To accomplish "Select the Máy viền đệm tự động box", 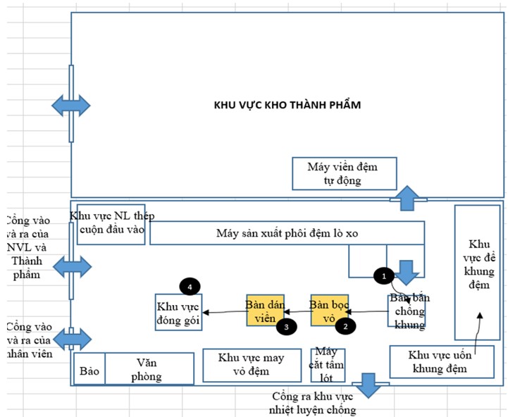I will [x=344, y=173].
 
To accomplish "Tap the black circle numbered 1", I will [x=383, y=275].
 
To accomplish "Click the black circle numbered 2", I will [x=345, y=325].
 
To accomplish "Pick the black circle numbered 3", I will [x=285, y=325].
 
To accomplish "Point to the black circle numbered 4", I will [x=190, y=286].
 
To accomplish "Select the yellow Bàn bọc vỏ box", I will [x=330, y=310].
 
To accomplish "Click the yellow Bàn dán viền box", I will [x=265, y=310].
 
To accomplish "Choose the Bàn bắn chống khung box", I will [x=407, y=311].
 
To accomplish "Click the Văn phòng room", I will [x=149, y=368].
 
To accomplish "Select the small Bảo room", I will [x=89, y=368].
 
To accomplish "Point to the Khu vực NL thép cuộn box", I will [x=111, y=223].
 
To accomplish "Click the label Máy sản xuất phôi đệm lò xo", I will [x=287, y=233].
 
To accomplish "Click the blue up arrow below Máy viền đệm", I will [x=407, y=199].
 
